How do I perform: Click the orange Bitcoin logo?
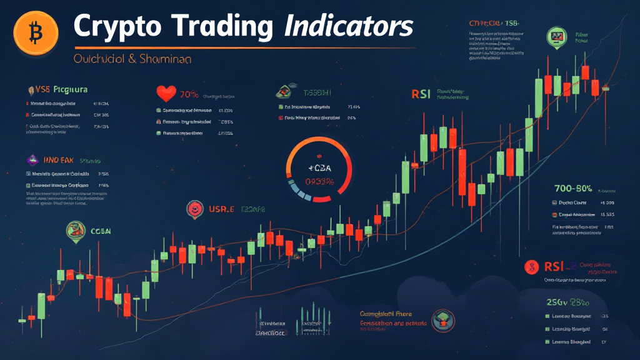(35, 30)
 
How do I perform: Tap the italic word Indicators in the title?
(348, 27)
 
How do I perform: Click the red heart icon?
(166, 94)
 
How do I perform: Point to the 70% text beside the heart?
(189, 95)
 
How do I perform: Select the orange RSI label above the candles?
(421, 94)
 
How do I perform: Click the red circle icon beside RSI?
(532, 267)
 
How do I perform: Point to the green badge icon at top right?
(554, 35)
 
